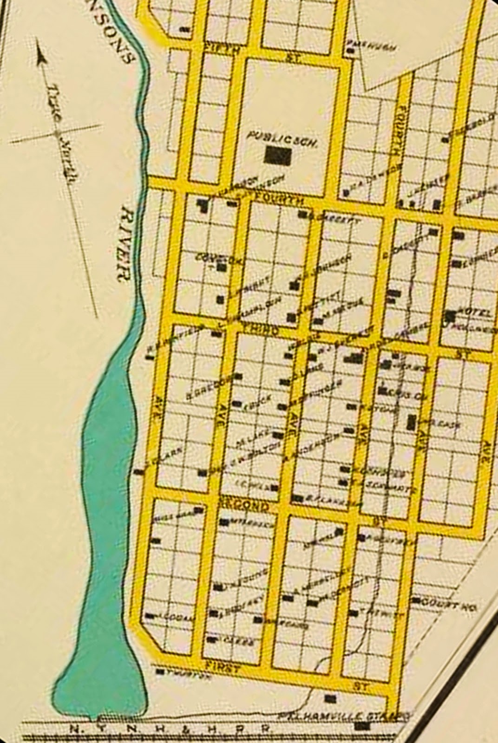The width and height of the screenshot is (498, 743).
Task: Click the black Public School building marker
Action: (277, 156)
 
